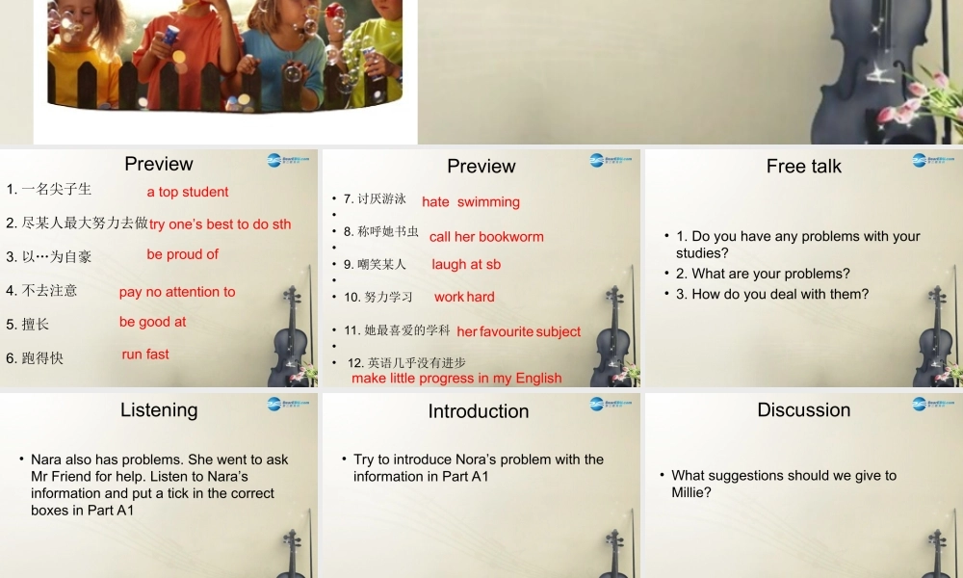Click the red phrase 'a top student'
(x=188, y=192)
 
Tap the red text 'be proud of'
(x=182, y=254)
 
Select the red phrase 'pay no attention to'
(x=177, y=292)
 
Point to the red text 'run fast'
(x=145, y=355)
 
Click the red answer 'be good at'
(x=153, y=322)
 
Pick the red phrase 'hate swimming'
(x=471, y=202)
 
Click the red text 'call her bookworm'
(x=486, y=237)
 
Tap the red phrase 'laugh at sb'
(x=466, y=265)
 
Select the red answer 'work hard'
(x=464, y=298)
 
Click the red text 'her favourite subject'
(x=519, y=332)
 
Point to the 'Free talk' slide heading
(x=804, y=167)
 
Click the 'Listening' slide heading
(x=159, y=410)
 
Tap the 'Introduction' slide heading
(x=479, y=411)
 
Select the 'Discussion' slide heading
(x=804, y=410)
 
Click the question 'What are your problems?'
(x=763, y=274)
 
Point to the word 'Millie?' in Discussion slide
(x=692, y=492)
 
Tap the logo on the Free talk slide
(x=933, y=161)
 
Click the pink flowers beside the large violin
(x=929, y=101)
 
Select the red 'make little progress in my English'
(x=456, y=379)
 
